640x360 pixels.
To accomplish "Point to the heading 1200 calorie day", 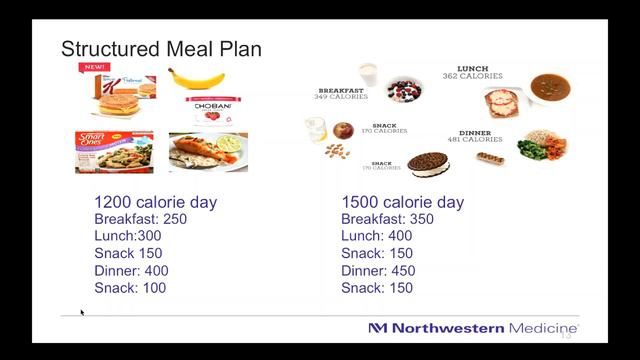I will [155, 202].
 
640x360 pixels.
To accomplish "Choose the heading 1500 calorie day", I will [402, 202].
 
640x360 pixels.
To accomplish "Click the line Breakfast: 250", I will [144, 219].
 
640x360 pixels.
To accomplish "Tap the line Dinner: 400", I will [131, 270].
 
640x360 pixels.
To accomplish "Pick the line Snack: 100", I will [130, 287].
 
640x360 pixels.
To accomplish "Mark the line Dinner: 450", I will [379, 270].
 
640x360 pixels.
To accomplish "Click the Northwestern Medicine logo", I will [471, 328].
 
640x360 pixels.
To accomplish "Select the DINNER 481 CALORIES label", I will [481, 136].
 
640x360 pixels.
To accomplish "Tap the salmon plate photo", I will [209, 151].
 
